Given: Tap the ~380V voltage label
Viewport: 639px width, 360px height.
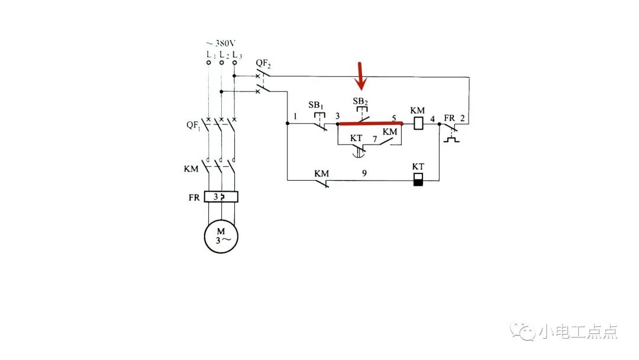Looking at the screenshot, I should pyautogui.click(x=221, y=44).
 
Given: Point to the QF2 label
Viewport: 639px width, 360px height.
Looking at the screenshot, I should pyautogui.click(x=263, y=62).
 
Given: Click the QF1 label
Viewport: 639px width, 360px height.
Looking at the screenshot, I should pyautogui.click(x=193, y=126).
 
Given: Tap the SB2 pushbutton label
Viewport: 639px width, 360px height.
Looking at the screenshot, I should pyautogui.click(x=360, y=101).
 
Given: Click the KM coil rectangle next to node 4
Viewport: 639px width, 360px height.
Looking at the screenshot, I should pyautogui.click(x=418, y=123).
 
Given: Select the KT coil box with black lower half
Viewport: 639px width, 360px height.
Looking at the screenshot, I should pyautogui.click(x=418, y=179).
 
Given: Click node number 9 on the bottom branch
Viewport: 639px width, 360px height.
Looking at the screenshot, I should pyautogui.click(x=364, y=173).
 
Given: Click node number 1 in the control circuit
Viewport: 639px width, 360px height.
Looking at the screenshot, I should pyautogui.click(x=295, y=117).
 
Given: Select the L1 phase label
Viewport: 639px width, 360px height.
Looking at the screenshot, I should pyautogui.click(x=209, y=55).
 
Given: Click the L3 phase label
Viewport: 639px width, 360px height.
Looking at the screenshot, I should pyautogui.click(x=237, y=55).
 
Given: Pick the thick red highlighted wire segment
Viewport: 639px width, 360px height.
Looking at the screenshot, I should pyautogui.click(x=370, y=124).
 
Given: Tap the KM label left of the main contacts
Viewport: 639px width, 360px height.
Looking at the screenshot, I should pyautogui.click(x=191, y=169).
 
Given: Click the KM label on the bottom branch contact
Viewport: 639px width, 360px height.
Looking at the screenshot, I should pyautogui.click(x=321, y=173).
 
